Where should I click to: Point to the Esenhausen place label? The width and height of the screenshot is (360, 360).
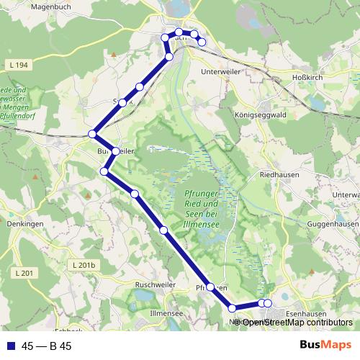301,313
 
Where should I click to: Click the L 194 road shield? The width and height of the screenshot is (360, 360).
21,66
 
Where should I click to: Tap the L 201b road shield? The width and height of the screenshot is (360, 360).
84,266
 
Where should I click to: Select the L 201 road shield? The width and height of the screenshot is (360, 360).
24,272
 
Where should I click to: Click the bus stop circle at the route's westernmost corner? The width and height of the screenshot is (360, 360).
92,134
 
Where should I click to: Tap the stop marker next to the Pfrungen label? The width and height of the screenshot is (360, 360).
210,287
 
